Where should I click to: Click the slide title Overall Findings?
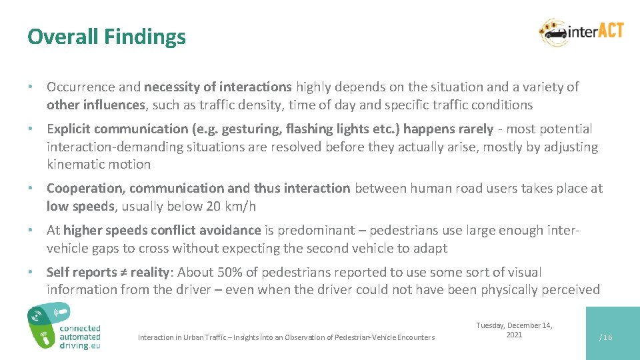(x=107, y=37)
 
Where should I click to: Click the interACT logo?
(x=581, y=32)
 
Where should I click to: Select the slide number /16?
(x=605, y=337)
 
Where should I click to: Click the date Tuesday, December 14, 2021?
(x=514, y=330)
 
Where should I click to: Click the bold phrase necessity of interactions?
(x=218, y=87)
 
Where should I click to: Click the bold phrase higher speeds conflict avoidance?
(x=162, y=230)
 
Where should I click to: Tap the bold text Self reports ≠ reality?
(x=109, y=272)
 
